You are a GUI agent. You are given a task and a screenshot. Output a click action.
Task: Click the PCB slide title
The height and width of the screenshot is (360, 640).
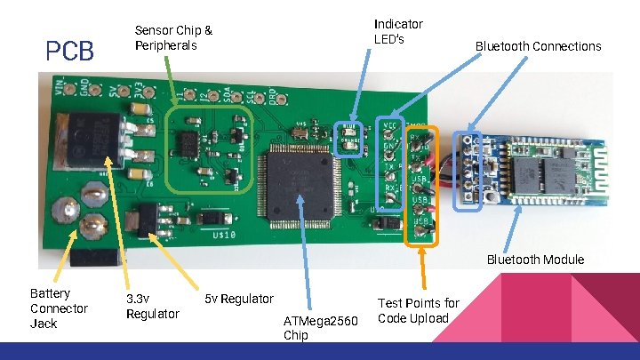(69, 51)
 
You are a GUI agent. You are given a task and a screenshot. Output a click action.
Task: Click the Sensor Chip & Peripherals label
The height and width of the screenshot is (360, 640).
(173, 37)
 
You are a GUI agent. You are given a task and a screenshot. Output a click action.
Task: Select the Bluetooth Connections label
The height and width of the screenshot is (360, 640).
(538, 46)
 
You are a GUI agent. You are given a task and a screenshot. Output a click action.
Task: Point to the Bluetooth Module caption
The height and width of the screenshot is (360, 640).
(535, 260)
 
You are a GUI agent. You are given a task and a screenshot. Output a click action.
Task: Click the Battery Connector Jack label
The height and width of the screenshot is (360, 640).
(59, 308)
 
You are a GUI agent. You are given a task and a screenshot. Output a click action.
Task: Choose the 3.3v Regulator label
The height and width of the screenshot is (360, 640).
(153, 306)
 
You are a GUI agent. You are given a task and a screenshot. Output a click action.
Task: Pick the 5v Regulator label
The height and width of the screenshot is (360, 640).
(239, 299)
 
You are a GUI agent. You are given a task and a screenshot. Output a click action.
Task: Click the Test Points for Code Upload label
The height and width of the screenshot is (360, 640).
(418, 310)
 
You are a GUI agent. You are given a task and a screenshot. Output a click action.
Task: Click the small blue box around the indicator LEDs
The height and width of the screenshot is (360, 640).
(348, 138)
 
